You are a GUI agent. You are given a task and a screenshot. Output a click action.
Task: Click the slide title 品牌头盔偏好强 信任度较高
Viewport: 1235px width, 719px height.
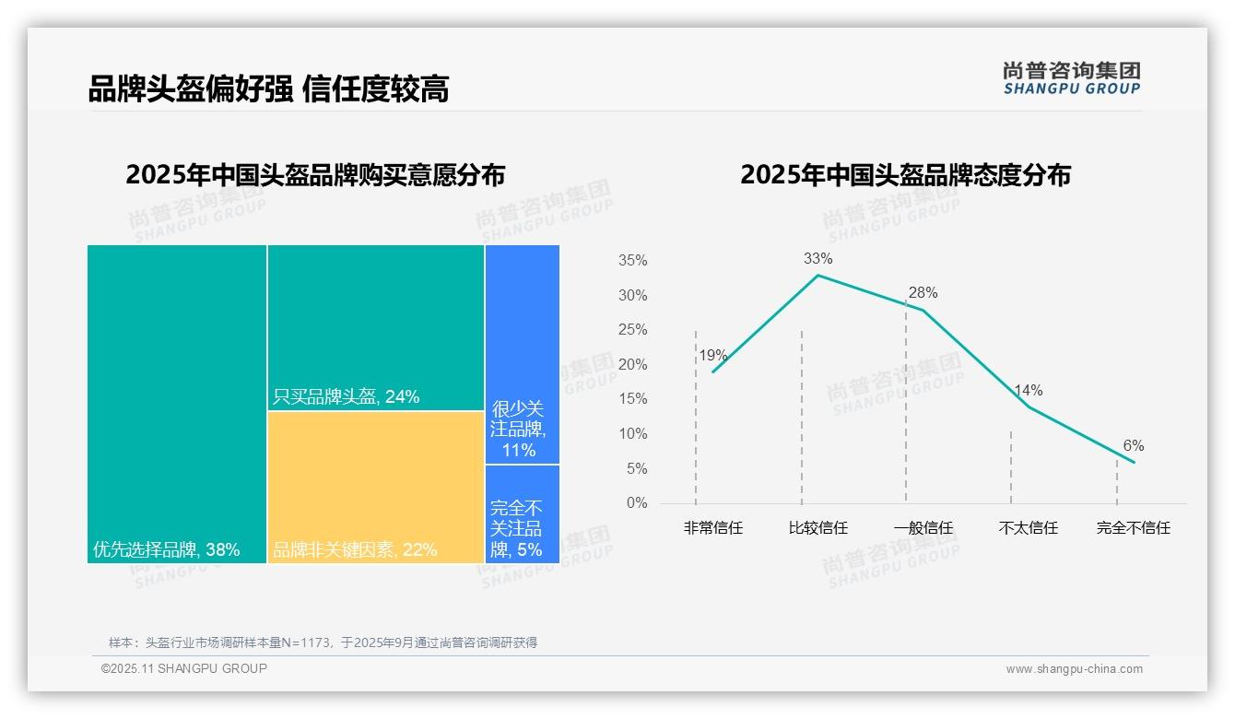268,89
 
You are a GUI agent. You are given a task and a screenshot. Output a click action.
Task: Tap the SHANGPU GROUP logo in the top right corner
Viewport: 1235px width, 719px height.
1071,78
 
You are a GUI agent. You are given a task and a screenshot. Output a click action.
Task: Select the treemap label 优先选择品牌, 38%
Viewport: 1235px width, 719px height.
166,549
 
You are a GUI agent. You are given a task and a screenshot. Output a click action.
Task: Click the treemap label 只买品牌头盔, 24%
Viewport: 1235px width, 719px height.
346,396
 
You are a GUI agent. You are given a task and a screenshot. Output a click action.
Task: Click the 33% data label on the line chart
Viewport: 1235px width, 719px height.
817,258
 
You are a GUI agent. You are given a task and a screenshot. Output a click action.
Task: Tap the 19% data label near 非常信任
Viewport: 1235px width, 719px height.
712,355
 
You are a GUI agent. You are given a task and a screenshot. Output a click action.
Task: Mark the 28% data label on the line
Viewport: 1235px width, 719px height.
923,292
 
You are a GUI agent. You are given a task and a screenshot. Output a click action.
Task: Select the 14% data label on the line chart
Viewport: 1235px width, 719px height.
1028,390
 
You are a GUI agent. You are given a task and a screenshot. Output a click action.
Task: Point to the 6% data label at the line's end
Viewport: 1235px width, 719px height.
1133,445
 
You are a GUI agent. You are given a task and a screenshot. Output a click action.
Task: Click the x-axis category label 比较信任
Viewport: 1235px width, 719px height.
817,528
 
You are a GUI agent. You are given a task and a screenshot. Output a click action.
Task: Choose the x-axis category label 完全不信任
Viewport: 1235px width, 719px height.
1133,528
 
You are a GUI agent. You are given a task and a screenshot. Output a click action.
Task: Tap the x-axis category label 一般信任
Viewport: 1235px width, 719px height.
923,528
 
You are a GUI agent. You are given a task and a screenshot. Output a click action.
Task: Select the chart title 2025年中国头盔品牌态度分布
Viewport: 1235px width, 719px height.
905,174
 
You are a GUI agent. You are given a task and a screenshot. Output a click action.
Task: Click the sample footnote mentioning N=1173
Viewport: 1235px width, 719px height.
323,642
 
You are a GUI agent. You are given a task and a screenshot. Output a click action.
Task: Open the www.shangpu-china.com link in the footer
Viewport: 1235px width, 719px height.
1074,669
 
